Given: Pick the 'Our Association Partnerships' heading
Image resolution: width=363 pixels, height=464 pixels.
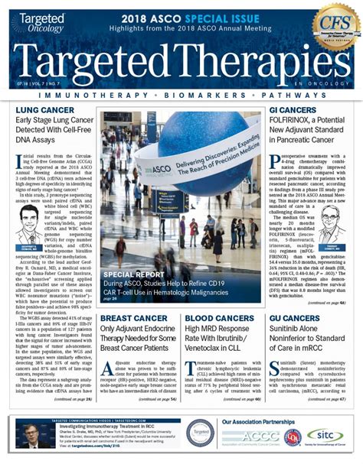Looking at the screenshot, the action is (x=257, y=421).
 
